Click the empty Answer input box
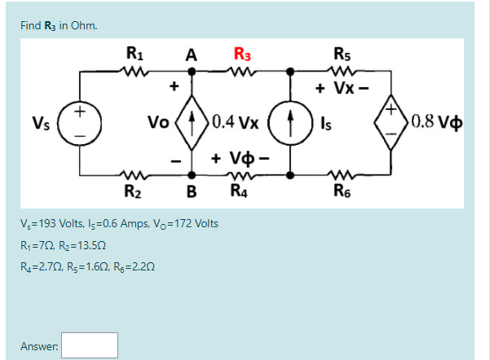(90, 345)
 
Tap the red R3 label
(242, 56)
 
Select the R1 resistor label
(135, 56)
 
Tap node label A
(191, 56)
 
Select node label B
(192, 192)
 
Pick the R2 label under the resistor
(134, 193)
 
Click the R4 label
(241, 193)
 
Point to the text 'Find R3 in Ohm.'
(59, 24)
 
